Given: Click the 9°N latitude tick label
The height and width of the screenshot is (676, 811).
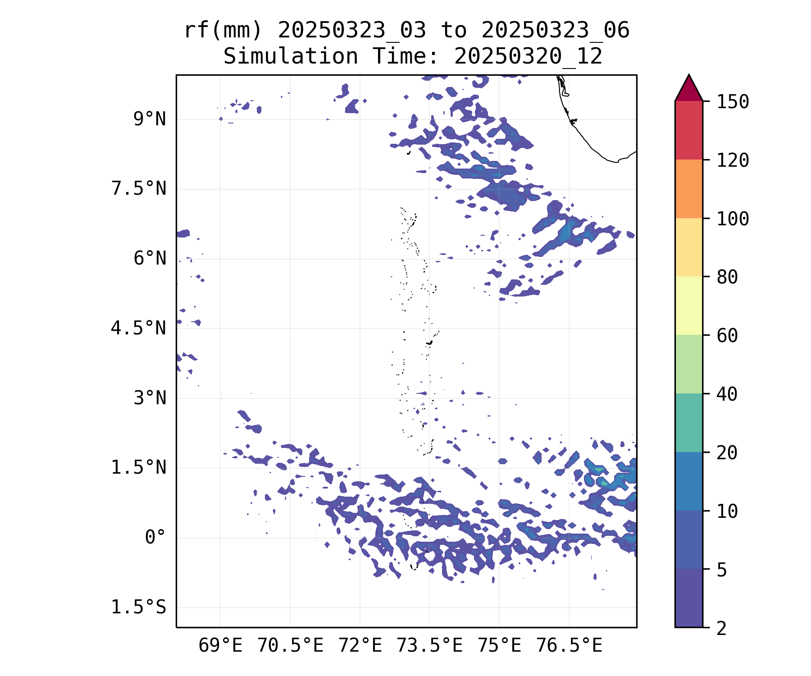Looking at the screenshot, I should pos(150,119).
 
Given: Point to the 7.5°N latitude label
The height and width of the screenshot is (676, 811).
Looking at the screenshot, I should pos(139,189).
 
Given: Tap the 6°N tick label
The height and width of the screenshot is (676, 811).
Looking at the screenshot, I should pos(150,259).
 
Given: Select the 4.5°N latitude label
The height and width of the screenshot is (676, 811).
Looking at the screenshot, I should pos(139,329).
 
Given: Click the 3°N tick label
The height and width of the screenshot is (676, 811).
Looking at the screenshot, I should pos(150,398).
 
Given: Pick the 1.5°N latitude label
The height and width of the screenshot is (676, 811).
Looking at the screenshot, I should pos(139,468).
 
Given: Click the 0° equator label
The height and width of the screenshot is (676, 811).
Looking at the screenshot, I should pos(155,538).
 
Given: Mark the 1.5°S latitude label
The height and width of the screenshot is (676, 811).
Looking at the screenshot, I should pos(139,607).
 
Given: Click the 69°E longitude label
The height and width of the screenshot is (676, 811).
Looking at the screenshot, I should pos(220,646).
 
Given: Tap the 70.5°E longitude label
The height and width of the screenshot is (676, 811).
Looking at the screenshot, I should pos(290,646).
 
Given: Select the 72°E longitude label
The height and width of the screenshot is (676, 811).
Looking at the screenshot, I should pos(360,646).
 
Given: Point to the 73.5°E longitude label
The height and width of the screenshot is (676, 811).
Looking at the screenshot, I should pos(429,646).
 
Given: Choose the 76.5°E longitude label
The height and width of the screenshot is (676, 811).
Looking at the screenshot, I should pos(569,646).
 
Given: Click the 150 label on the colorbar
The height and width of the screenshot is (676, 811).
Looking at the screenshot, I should pos(733,102).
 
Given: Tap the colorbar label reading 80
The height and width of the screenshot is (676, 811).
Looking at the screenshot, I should pos(727,277).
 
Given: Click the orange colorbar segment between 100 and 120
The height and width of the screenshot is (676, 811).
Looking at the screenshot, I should pos(688,189).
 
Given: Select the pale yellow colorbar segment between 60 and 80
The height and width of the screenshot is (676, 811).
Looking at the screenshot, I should pos(688,306).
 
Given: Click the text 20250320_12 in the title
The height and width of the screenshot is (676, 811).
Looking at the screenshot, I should pos(528,57).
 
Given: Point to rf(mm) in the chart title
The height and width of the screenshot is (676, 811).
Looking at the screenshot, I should pos(223,31).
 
